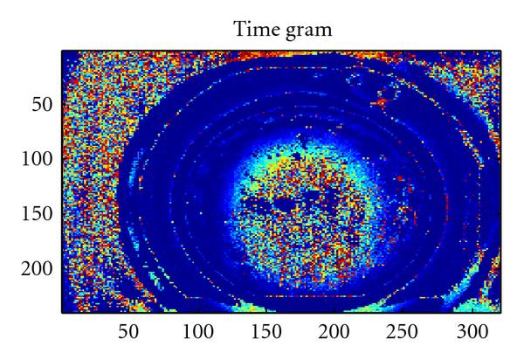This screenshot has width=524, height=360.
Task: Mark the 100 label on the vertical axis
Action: click(36, 159)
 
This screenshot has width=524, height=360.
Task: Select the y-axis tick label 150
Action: click(36, 213)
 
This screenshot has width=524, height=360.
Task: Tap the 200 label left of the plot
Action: click(36, 267)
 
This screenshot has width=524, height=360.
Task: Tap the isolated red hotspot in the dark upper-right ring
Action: click(381, 102)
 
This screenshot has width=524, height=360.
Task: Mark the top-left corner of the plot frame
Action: click(62, 50)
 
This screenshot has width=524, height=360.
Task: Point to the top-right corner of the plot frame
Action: click(500, 50)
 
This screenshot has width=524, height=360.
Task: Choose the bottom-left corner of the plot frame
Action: click(62, 312)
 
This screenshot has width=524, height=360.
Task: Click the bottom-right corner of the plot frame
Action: click(500, 312)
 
